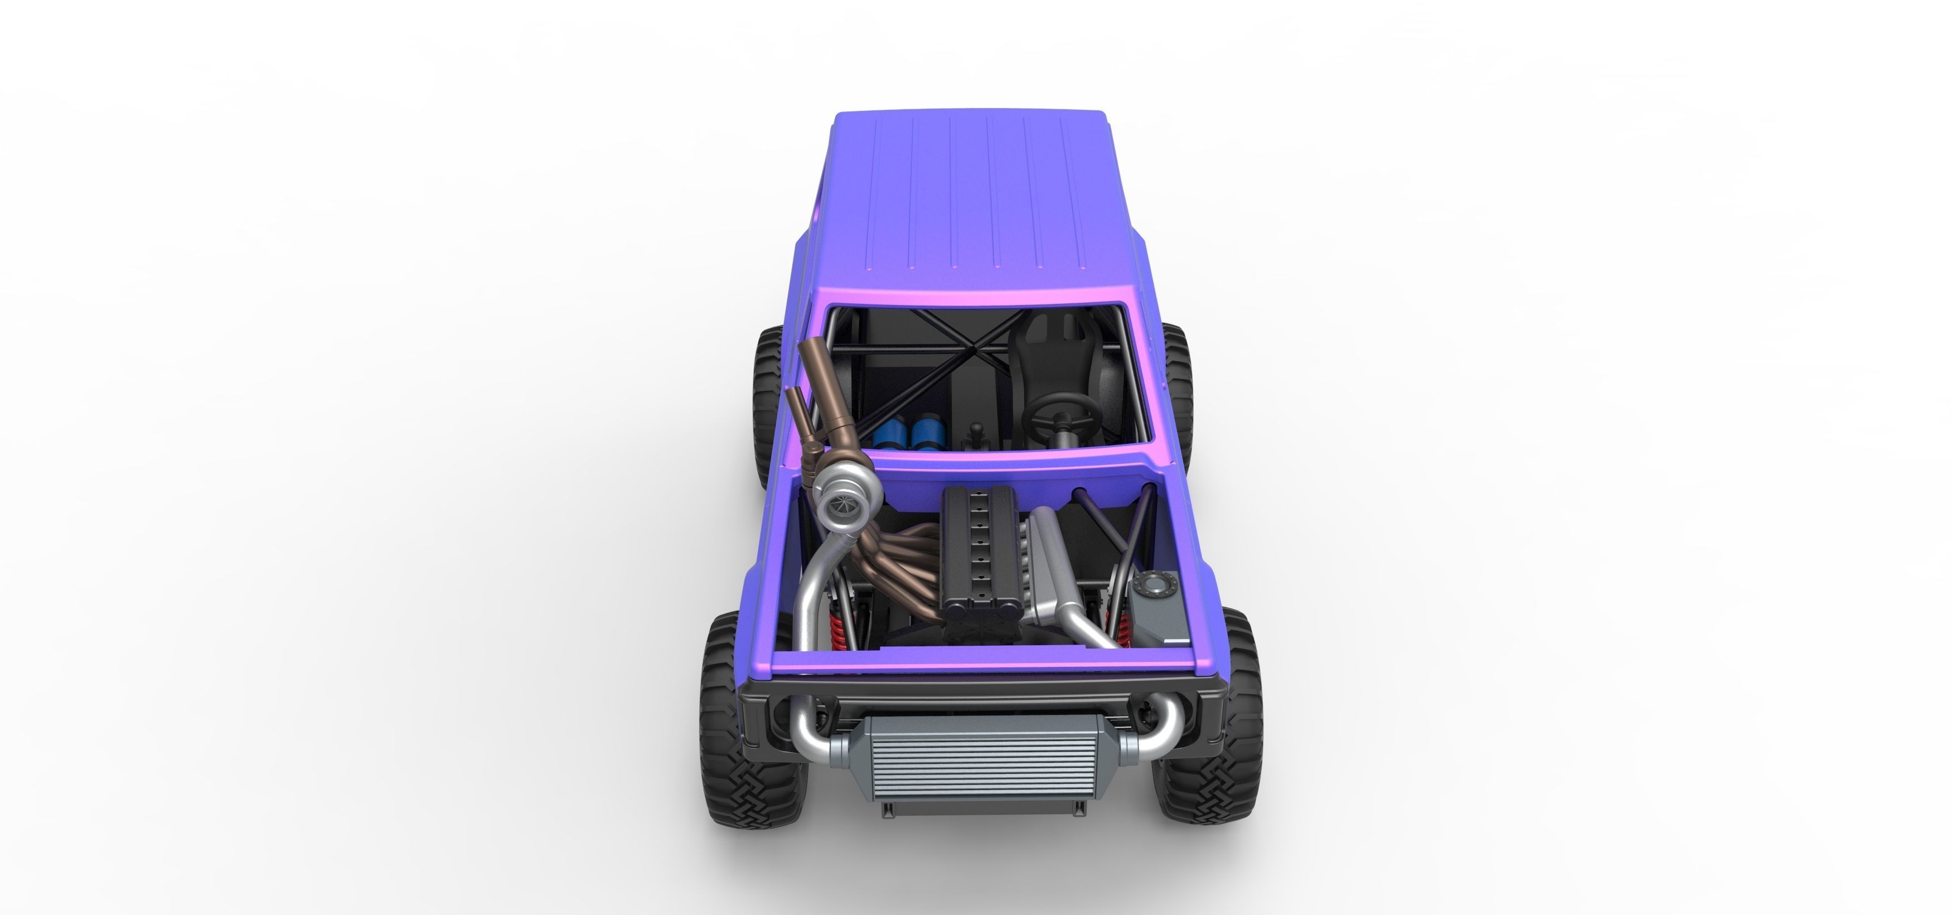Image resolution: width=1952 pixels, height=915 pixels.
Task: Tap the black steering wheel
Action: pos(1059,415)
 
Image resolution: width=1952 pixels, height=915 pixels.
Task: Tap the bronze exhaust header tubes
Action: pos(902,557)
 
